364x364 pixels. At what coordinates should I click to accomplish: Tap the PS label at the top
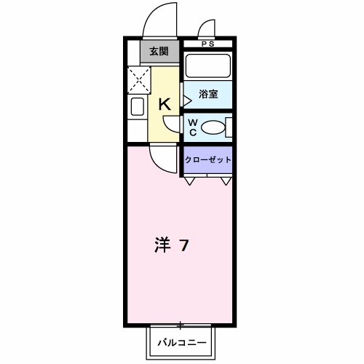click(207, 44)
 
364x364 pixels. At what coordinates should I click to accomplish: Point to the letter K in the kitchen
click(165, 104)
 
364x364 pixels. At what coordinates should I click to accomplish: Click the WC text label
click(193, 127)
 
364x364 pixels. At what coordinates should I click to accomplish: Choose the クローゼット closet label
click(208, 159)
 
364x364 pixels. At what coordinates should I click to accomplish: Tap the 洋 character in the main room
click(162, 246)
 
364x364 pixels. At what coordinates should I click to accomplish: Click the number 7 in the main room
click(185, 246)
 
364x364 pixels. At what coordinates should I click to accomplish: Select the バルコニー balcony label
click(180, 341)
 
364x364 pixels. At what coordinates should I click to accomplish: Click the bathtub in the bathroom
click(207, 67)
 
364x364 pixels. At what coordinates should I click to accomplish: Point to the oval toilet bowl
click(213, 128)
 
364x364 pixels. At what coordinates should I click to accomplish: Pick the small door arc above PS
click(207, 29)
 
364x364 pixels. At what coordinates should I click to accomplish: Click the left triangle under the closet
click(189, 180)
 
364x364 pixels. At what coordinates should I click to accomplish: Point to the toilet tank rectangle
click(229, 128)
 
